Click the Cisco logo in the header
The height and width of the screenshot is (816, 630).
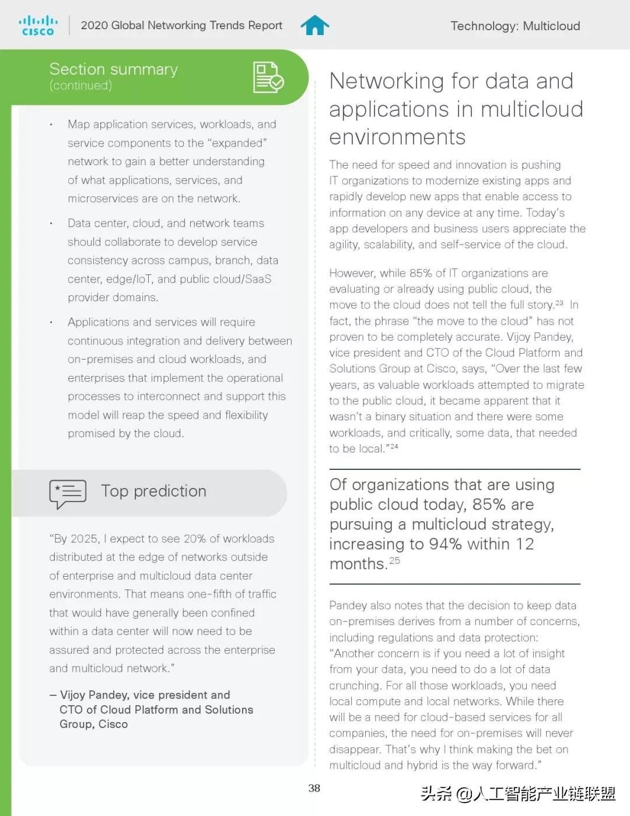[38, 26]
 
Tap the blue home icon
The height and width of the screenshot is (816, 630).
[314, 25]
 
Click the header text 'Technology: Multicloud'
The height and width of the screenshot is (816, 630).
[515, 26]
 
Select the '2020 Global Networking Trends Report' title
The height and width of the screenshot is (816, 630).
[181, 26]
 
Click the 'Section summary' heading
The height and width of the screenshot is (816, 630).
[113, 69]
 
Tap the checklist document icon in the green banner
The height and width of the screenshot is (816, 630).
[268, 77]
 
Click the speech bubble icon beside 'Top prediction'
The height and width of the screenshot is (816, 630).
[68, 493]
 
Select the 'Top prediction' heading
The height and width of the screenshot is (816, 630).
[153, 491]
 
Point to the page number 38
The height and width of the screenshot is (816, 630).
[314, 788]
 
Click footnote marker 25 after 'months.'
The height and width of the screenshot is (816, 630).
[395, 560]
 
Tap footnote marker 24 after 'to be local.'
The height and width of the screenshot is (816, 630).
[394, 447]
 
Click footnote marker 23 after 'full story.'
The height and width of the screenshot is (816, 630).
[559, 303]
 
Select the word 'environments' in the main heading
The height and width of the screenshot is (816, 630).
[397, 137]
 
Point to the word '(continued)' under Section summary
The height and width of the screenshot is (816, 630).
[80, 85]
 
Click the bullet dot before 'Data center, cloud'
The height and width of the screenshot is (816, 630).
[51, 224]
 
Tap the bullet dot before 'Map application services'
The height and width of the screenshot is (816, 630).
[51, 124]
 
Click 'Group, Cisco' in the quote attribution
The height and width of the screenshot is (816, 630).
[93, 724]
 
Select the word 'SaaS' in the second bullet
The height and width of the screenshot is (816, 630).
[258, 279]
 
